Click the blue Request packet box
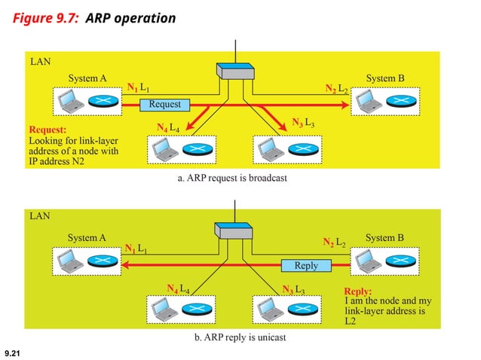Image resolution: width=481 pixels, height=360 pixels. (x=164, y=104)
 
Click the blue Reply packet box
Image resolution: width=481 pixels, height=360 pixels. (x=306, y=265)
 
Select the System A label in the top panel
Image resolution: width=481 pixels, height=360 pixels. (x=87, y=78)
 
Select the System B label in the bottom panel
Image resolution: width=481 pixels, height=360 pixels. (x=385, y=238)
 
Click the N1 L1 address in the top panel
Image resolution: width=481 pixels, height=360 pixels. (x=138, y=89)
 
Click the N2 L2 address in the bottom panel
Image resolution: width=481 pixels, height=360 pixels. (x=334, y=243)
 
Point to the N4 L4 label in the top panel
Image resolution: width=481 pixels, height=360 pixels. (x=168, y=127)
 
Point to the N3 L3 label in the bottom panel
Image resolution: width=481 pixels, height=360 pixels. (x=293, y=289)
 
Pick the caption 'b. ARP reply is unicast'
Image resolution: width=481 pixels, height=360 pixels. (x=240, y=337)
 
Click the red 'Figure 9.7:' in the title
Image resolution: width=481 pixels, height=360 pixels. (x=45, y=17)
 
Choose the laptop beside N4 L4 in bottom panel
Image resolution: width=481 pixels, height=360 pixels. (x=161, y=310)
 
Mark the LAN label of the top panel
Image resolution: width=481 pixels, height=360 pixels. (x=40, y=60)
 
